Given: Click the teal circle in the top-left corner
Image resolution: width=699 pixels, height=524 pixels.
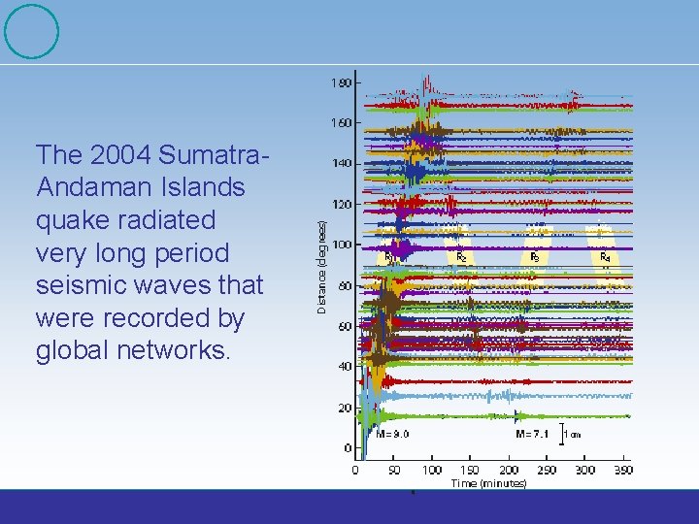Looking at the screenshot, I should [x=31, y=31].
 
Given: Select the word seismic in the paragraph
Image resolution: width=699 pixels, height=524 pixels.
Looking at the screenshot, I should [x=80, y=285].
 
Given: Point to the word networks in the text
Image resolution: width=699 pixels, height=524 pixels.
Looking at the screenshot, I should [x=179, y=350].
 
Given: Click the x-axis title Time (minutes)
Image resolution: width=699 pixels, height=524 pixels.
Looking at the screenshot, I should [x=488, y=482].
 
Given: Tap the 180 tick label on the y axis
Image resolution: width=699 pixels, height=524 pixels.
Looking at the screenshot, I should [x=341, y=83].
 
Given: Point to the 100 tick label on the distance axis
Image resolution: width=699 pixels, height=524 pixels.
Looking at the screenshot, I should [x=341, y=245].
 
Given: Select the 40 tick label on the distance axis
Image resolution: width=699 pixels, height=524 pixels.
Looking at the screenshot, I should [x=344, y=367].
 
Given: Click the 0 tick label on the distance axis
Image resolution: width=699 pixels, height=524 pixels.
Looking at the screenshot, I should [x=348, y=448].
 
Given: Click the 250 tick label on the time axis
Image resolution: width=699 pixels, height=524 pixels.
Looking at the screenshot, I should [x=546, y=470].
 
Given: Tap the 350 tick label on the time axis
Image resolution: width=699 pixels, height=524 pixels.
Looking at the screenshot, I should [x=622, y=470].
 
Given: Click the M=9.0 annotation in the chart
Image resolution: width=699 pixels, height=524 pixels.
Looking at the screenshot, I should [x=392, y=434].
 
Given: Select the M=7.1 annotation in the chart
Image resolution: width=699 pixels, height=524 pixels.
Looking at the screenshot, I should [x=533, y=434].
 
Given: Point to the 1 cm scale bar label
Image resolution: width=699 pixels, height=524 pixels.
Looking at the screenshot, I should [x=573, y=434].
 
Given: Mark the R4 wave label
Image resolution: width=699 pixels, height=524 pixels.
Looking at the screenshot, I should [x=605, y=257].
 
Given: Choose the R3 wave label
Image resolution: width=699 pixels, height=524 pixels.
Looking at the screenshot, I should [x=535, y=257].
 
